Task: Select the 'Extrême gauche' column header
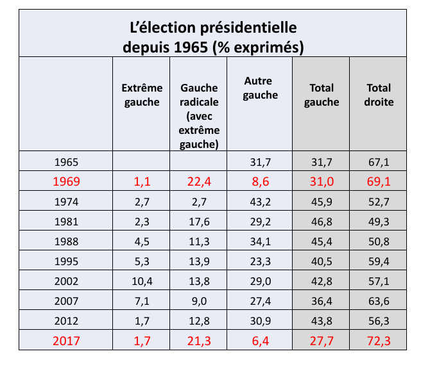141,95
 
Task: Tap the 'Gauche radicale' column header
200,116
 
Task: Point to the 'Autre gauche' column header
261,88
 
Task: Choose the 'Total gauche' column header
321,95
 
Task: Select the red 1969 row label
67,181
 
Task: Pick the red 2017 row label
67,340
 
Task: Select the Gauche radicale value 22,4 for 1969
200,181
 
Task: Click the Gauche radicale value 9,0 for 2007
200,300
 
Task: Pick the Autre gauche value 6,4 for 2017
261,340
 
